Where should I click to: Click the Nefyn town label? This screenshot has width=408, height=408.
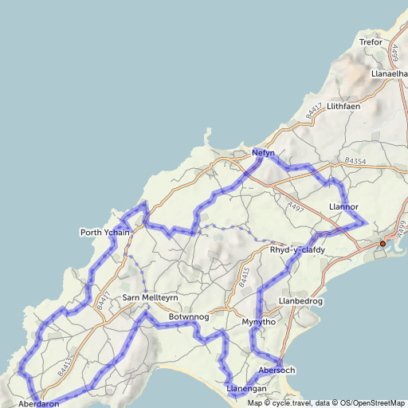pyautogui.click(x=263, y=152)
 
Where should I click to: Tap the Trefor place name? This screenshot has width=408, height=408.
pyautogui.click(x=371, y=42)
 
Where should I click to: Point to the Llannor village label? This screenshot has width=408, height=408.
pyautogui.click(x=343, y=206)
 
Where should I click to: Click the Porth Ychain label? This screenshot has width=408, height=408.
pyautogui.click(x=104, y=232)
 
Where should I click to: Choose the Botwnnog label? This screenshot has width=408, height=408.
pyautogui.click(x=188, y=317)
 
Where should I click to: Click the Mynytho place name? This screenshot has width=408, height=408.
pyautogui.click(x=258, y=322)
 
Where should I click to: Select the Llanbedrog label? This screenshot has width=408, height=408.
pyautogui.click(x=301, y=300)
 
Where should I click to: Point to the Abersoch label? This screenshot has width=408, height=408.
pyautogui.click(x=277, y=370)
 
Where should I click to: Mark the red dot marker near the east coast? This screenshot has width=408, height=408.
pyautogui.click(x=382, y=243)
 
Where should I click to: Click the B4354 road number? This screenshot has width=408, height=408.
pyautogui.click(x=355, y=161)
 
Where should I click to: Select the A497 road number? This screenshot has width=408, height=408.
pyautogui.click(x=296, y=207)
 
